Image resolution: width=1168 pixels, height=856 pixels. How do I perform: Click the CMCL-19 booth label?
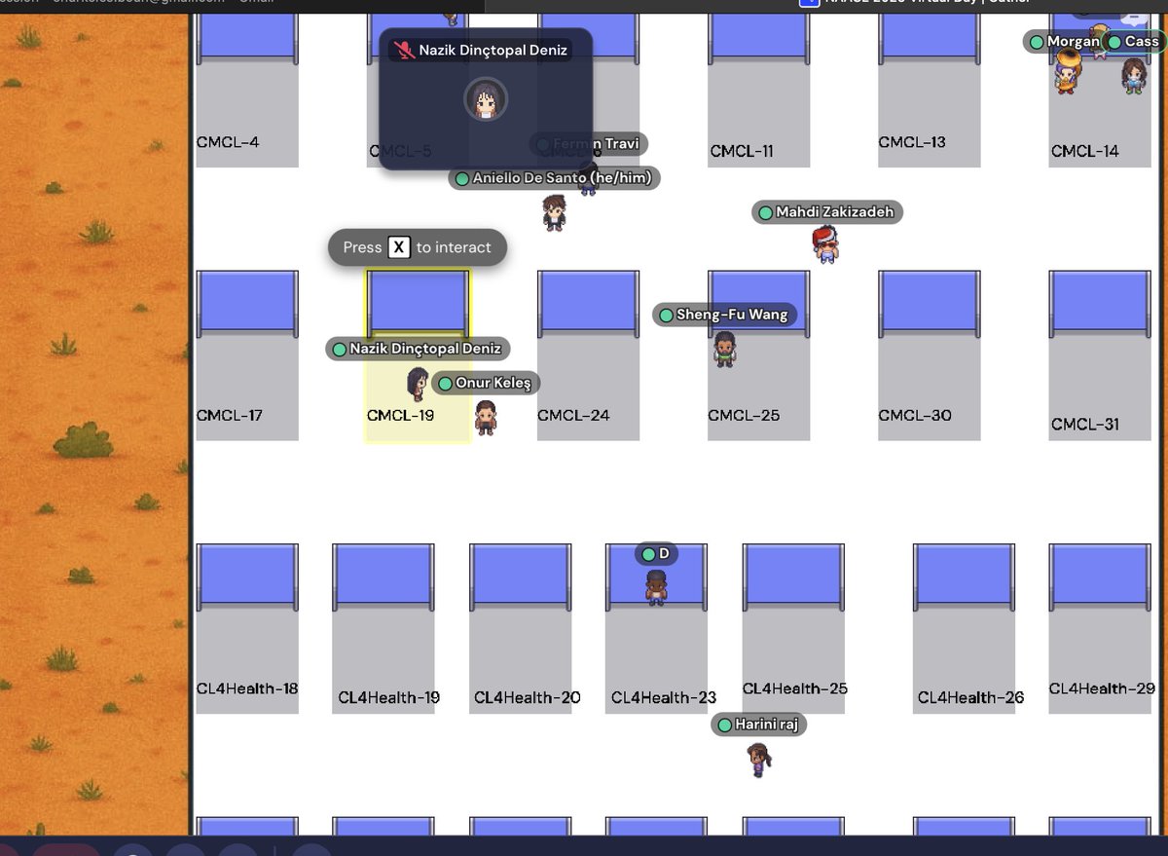pos(400,415)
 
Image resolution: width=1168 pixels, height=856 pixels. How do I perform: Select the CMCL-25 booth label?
pos(744,415)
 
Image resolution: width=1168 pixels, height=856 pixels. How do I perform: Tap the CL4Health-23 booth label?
pos(664,697)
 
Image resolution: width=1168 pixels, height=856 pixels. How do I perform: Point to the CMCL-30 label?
pos(915,415)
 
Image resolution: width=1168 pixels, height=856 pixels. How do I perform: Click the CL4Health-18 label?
pos(247,689)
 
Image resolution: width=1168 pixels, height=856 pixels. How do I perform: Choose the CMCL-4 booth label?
pos(228,142)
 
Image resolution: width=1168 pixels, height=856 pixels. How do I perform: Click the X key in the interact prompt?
pos(399,247)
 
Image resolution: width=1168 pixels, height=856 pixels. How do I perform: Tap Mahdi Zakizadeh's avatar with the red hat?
pos(825,244)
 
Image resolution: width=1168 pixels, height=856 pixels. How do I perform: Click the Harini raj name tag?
pos(759,725)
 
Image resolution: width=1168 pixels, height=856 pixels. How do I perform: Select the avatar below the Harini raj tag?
pos(758,759)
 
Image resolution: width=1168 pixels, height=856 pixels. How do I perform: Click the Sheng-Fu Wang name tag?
pos(725,315)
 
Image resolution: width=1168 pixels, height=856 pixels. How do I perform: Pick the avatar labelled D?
pos(656,586)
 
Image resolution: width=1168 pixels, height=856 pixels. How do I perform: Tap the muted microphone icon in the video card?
pos(404,50)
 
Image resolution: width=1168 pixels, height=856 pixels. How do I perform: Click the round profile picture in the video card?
pos(485,98)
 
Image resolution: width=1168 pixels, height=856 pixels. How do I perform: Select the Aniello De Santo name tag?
pos(555,178)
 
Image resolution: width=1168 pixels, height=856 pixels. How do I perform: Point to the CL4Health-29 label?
pos(1102,689)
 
